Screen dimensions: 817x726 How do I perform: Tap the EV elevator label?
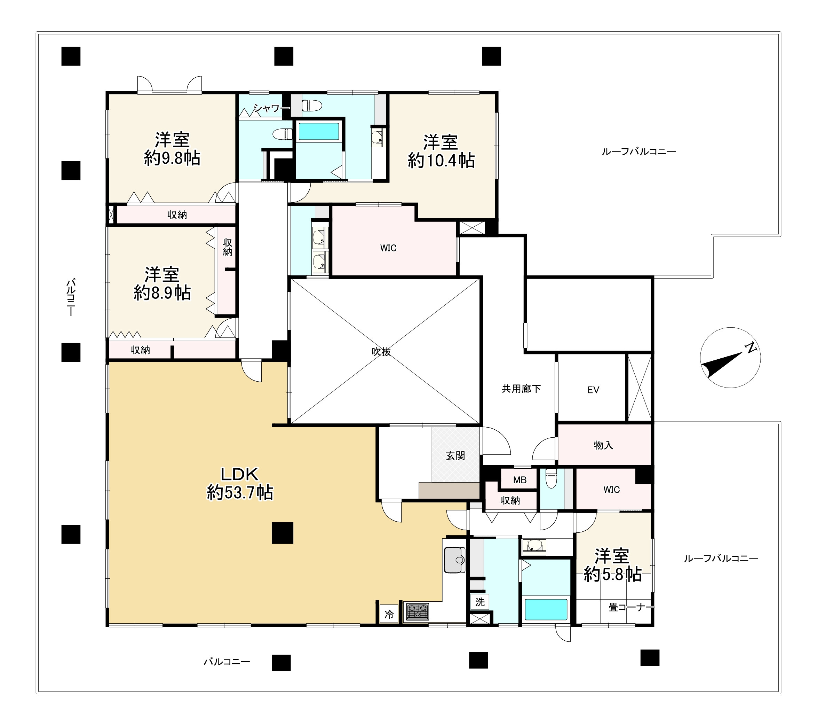click(x=593, y=390)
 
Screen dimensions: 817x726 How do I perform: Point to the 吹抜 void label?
click(x=381, y=352)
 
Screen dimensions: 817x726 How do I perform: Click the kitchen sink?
click(x=455, y=560)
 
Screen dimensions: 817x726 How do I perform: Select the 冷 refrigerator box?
click(x=389, y=614)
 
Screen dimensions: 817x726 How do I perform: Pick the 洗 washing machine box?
click(x=479, y=602)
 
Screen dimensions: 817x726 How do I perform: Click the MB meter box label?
click(x=519, y=480)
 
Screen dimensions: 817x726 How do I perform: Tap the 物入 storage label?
click(x=603, y=445)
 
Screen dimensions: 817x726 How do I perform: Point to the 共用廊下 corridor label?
click(x=521, y=388)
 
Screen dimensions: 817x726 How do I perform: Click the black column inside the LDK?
click(x=283, y=533)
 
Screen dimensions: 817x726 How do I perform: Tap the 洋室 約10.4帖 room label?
click(x=441, y=151)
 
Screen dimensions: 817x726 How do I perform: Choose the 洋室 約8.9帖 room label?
click(x=162, y=283)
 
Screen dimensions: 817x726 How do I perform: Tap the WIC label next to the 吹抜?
click(x=388, y=248)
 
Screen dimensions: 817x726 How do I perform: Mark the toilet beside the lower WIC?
click(x=551, y=479)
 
